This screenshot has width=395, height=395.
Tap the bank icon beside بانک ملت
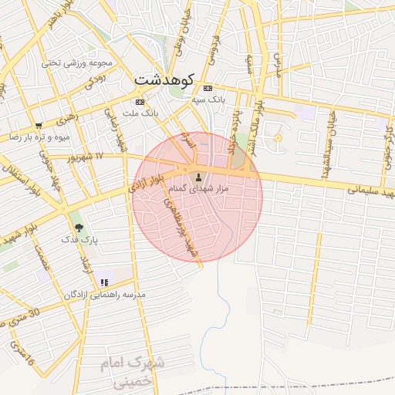(140, 102)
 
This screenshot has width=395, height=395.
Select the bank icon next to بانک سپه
(208, 88)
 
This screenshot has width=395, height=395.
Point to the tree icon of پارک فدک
(79, 228)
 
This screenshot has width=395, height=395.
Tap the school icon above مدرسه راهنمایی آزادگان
(104, 282)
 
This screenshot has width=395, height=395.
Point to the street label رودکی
(94, 80)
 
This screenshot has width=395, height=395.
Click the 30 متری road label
(22, 317)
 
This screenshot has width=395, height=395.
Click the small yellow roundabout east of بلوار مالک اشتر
(278, 138)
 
